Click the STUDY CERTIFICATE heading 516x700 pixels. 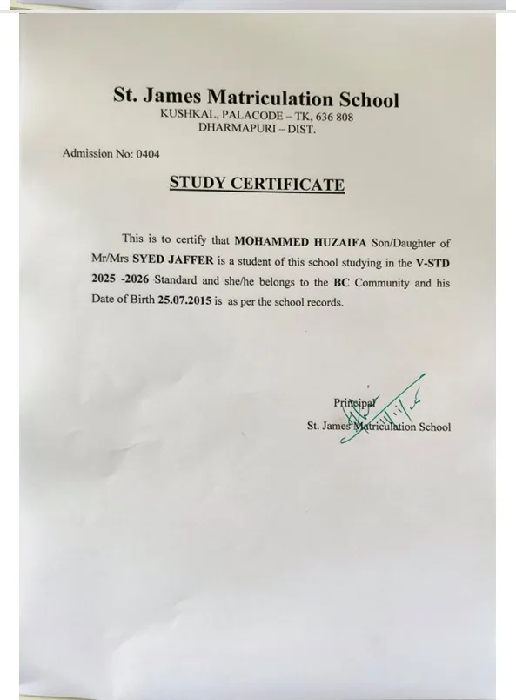point(256,184)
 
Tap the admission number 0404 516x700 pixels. point(145,153)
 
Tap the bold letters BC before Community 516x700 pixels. point(341,282)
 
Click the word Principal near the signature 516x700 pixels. point(354,402)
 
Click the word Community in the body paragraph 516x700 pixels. point(383,282)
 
